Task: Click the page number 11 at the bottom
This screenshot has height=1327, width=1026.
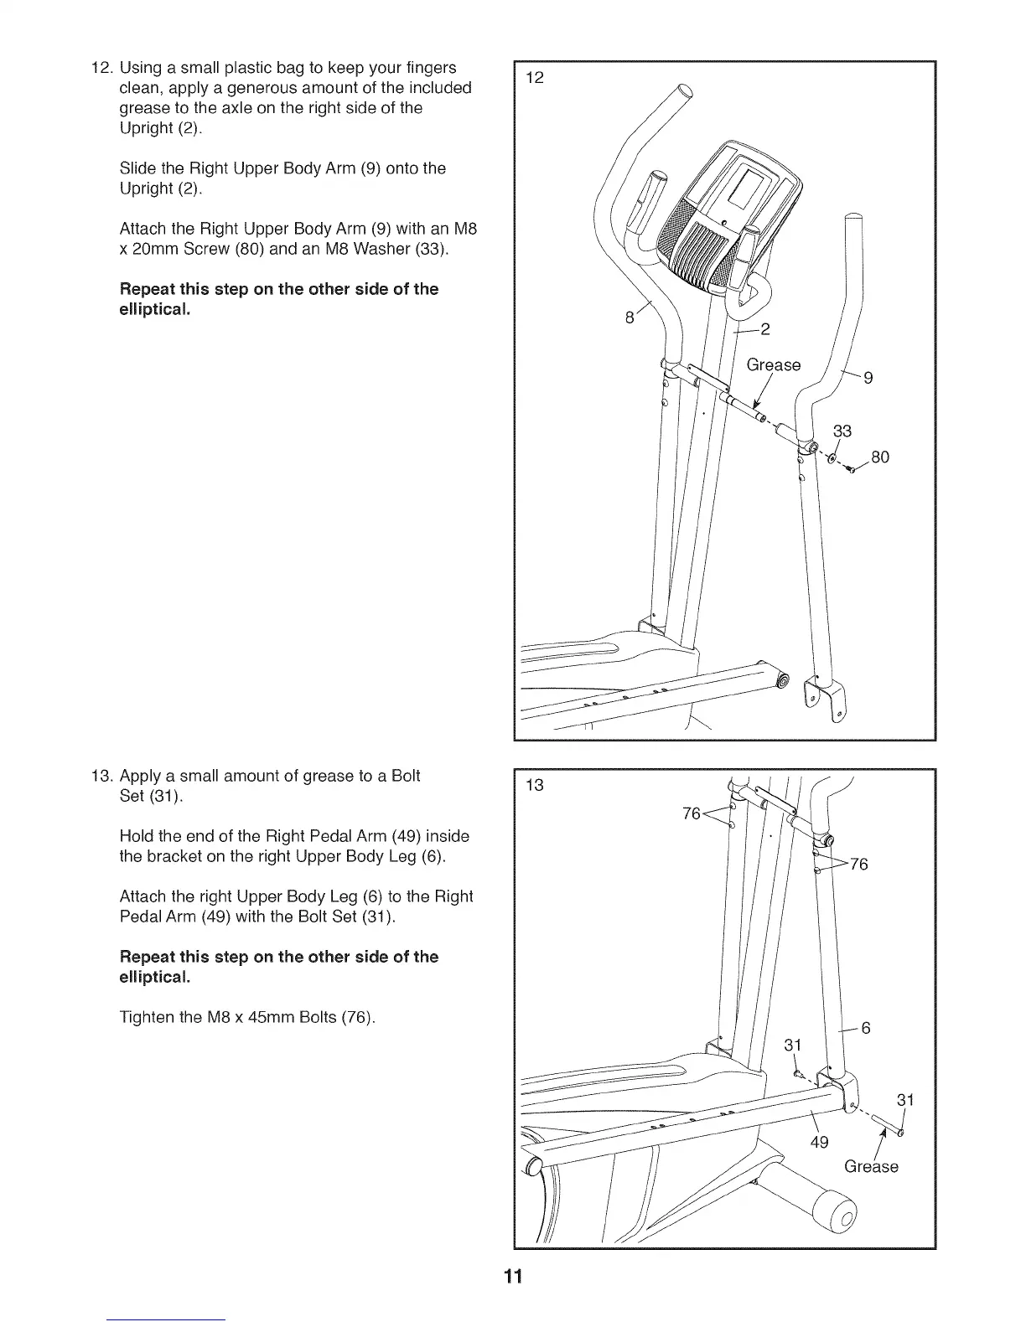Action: [513, 1277]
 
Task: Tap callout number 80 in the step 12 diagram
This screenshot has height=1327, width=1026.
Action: [879, 457]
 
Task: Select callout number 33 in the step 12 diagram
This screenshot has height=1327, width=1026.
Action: [842, 431]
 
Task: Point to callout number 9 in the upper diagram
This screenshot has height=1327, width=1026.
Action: [868, 378]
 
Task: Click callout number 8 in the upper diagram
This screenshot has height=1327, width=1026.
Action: [630, 318]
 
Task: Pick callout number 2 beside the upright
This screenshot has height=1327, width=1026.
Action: [764, 328]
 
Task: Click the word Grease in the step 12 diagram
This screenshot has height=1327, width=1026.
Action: [773, 364]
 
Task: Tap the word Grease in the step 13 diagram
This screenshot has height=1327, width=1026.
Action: [871, 1166]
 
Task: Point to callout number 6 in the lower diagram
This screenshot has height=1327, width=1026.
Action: [866, 1028]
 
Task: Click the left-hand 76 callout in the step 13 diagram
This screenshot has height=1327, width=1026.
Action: [692, 813]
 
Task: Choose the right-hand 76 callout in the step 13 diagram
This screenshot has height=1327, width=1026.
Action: [858, 865]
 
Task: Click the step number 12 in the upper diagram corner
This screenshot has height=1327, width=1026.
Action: [534, 78]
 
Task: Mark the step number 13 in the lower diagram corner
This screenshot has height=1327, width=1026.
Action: [534, 785]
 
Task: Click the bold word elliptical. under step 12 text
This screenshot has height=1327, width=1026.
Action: [155, 310]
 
